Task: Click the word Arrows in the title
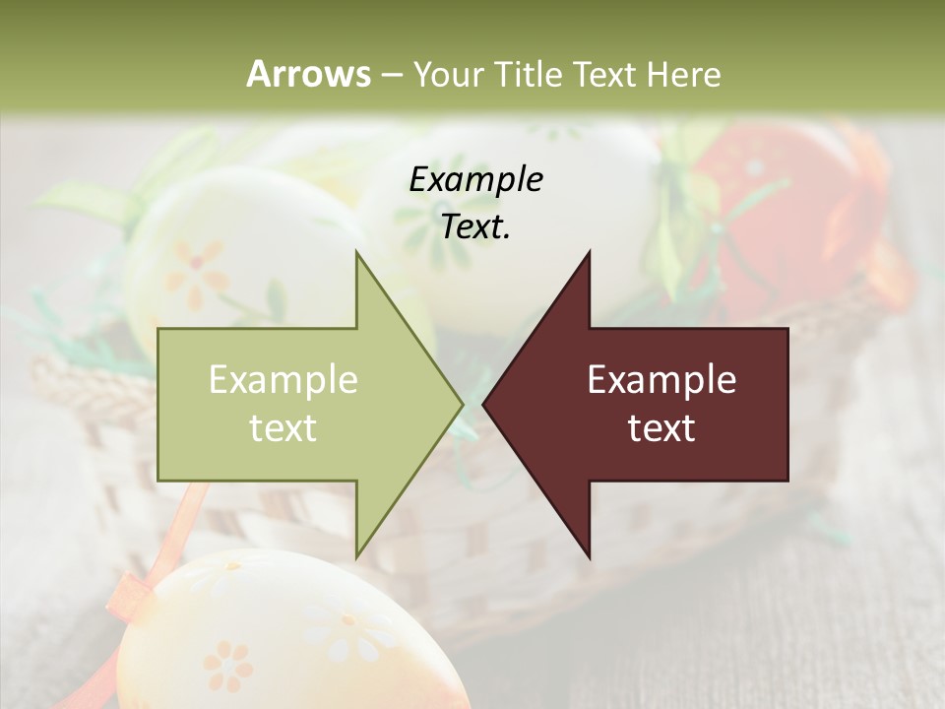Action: coord(308,74)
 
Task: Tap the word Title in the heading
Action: coord(528,74)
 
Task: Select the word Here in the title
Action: coord(685,74)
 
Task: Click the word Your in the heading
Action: coord(448,74)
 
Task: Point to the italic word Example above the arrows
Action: coord(475,180)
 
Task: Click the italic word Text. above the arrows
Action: coord(475,227)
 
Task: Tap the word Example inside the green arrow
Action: coord(283,379)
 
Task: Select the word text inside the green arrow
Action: coord(283,427)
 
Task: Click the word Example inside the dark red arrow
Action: coord(661,379)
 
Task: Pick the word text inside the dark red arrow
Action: coord(661,427)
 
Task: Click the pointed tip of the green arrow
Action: coord(460,403)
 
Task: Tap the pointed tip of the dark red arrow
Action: coord(486,403)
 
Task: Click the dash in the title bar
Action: coord(391,74)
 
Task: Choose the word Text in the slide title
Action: coord(602,74)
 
